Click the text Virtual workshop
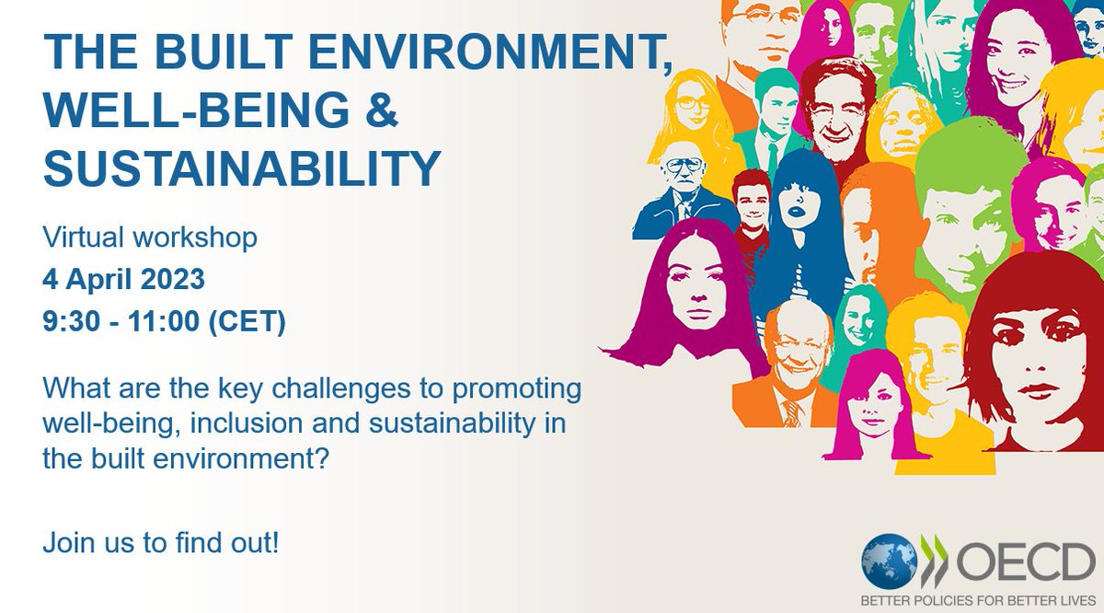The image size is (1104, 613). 150,237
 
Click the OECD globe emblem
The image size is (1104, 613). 889,561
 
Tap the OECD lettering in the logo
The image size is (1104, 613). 1021,561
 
